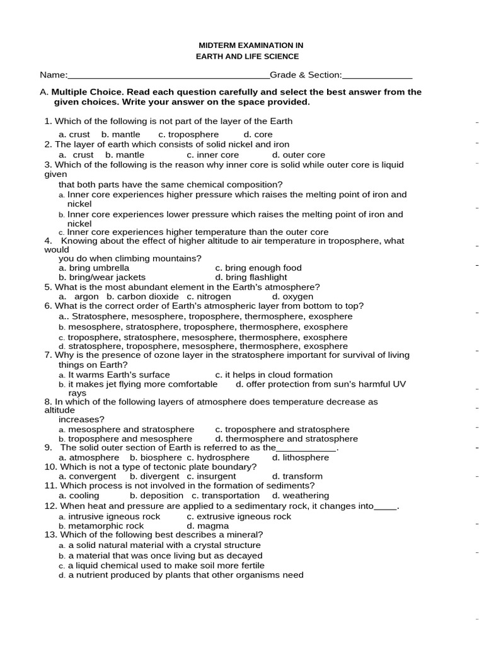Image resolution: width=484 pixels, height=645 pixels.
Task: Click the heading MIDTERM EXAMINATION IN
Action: tap(251, 45)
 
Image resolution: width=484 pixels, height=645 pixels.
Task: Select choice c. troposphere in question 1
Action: tap(188, 134)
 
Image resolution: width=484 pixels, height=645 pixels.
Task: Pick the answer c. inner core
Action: tap(212, 154)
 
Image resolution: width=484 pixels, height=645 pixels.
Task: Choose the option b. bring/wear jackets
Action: tap(102, 277)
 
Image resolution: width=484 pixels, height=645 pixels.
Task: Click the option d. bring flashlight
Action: tap(251, 277)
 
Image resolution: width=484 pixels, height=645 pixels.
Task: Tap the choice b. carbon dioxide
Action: tap(142, 296)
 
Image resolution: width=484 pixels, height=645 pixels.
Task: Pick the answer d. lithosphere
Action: tap(300, 457)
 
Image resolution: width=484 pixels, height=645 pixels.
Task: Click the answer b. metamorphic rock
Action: tap(101, 526)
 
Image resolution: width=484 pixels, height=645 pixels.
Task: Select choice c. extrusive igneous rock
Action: tap(239, 517)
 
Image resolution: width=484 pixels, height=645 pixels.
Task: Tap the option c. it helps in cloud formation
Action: tap(274, 375)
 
